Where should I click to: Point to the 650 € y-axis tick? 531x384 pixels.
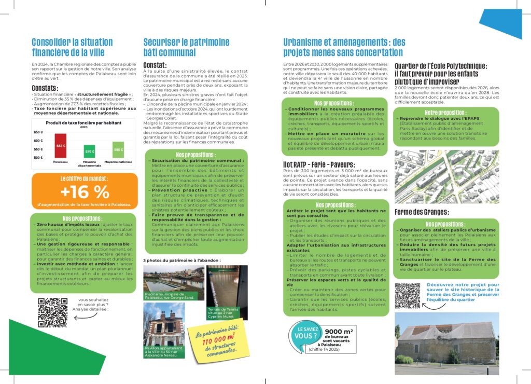pos(38,132)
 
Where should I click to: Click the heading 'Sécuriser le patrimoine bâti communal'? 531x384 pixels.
pos(170,47)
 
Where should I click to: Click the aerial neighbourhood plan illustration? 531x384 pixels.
pos(446,176)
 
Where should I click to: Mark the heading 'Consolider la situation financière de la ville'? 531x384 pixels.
pos(68,47)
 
